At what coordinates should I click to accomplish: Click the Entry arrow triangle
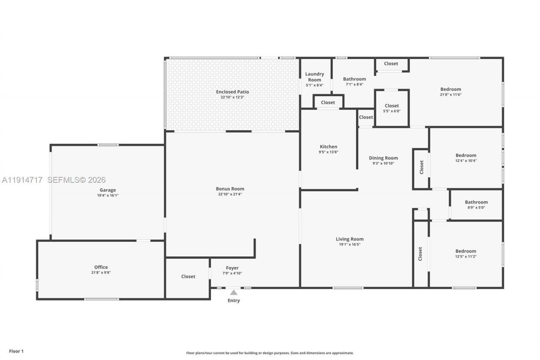pyautogui.click(x=234, y=292)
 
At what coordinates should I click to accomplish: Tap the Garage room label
pyautogui.click(x=108, y=190)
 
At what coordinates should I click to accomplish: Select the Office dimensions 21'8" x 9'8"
pyautogui.click(x=101, y=273)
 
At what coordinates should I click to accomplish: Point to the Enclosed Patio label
pyautogui.click(x=232, y=92)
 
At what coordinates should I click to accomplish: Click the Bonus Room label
pyautogui.click(x=230, y=189)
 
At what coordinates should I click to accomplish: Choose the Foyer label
pyautogui.click(x=232, y=268)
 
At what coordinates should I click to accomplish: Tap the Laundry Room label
pyautogui.click(x=315, y=77)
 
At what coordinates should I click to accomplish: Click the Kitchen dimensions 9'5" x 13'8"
pyautogui.click(x=328, y=152)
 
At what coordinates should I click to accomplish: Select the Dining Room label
pyautogui.click(x=383, y=158)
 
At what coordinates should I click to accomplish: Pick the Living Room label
pyautogui.click(x=349, y=239)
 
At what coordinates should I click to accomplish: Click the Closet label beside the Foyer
pyautogui.click(x=188, y=276)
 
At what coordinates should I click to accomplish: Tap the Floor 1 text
pyautogui.click(x=16, y=351)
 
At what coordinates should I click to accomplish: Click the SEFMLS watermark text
pyautogui.click(x=76, y=180)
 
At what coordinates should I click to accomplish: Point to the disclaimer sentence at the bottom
pyautogui.click(x=270, y=353)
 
